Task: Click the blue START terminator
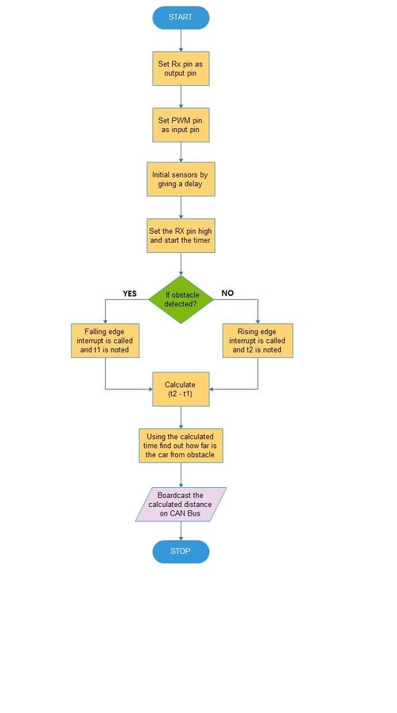click(181, 18)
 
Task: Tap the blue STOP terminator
click(181, 551)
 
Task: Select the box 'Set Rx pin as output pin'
click(181, 68)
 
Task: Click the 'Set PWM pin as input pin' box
click(181, 125)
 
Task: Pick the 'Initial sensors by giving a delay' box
click(181, 179)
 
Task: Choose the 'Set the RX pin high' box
click(181, 236)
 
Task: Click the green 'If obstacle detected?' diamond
click(181, 299)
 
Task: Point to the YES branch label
click(130, 294)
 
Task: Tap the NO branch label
click(228, 294)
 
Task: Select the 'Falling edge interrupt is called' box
click(105, 341)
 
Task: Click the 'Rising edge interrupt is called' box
click(258, 341)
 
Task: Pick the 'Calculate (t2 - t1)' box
click(181, 389)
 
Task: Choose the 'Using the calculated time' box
click(181, 446)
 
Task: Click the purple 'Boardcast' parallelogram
click(181, 505)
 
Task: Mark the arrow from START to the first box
click(181, 40)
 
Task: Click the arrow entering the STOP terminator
click(181, 531)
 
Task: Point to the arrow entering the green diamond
click(181, 263)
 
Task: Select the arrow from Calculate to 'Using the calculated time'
click(181, 417)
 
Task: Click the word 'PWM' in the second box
click(181, 120)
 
